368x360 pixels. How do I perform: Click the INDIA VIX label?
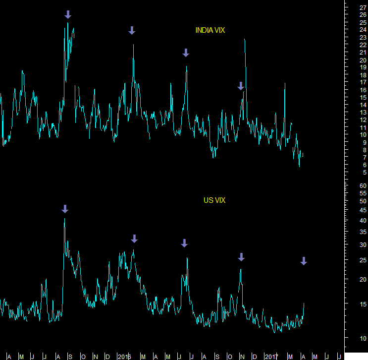(x=210, y=30)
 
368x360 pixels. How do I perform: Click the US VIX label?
(x=214, y=200)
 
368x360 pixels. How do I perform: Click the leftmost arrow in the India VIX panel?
(x=68, y=14)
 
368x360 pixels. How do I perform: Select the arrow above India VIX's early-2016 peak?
(x=132, y=30)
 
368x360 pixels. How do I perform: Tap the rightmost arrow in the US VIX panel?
(x=304, y=261)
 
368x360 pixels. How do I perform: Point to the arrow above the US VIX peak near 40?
(x=64, y=209)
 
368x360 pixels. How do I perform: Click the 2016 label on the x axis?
(x=124, y=357)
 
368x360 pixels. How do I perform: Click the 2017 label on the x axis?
(x=271, y=357)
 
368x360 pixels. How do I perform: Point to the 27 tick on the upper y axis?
(x=363, y=8)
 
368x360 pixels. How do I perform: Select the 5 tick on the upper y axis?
(x=363, y=172)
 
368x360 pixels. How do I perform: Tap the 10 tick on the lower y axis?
(x=363, y=338)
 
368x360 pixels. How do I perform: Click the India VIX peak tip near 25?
(x=67, y=22)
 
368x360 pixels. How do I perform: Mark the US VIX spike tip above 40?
(x=64, y=218)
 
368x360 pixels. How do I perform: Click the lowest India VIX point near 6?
(x=299, y=166)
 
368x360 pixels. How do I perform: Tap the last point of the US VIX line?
(x=304, y=303)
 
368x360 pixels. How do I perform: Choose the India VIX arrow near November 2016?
(x=241, y=86)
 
